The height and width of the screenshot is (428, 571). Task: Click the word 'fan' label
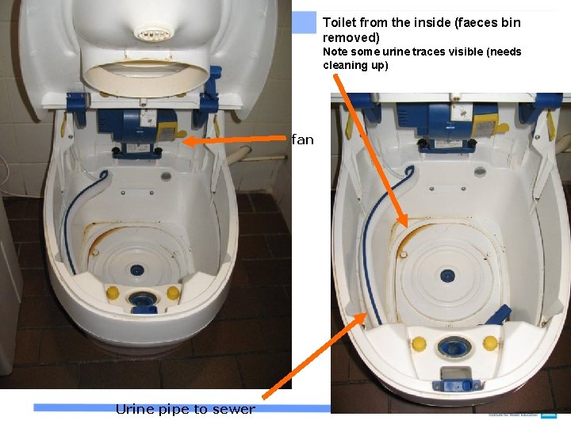(302, 140)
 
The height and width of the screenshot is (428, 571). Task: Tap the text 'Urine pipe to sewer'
(185, 409)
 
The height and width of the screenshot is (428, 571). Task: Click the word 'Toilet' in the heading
(339, 23)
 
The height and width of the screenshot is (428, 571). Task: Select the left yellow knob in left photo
(113, 293)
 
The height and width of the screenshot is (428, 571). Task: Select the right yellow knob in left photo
(173, 293)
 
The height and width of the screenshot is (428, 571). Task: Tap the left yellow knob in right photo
(419, 343)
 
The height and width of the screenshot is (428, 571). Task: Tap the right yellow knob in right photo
(490, 342)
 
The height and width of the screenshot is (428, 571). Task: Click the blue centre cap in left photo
(139, 269)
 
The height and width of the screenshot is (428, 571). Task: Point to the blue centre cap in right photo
(448, 276)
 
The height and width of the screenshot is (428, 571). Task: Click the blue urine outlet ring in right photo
(454, 346)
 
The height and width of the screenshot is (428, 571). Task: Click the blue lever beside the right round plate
(498, 315)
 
